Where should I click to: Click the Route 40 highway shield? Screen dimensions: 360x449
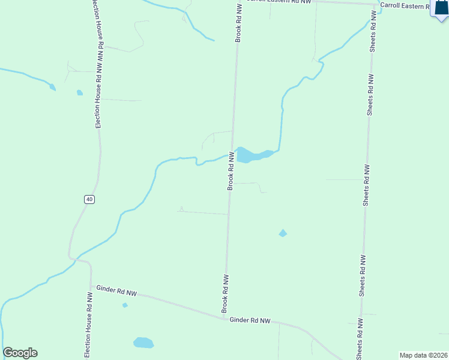coord(89,199)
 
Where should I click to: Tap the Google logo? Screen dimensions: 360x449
coord(20,353)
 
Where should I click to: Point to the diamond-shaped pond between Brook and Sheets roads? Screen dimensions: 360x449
coord(283,233)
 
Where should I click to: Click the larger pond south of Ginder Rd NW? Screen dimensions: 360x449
coord(143,343)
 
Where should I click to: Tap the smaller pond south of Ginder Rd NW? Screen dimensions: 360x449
coord(125,305)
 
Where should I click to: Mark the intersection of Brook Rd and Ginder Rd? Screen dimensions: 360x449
coord(224,317)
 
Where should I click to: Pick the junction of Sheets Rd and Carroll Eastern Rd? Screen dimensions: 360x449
coord(376,4)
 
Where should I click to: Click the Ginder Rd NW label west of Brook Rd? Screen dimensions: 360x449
coord(116,293)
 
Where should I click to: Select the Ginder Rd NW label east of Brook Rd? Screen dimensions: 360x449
coord(250,321)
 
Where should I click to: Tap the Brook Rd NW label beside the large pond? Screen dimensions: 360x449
coord(230,171)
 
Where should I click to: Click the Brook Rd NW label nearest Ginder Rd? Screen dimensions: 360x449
coord(226,294)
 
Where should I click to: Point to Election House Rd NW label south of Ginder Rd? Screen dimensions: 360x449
coord(88,326)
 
